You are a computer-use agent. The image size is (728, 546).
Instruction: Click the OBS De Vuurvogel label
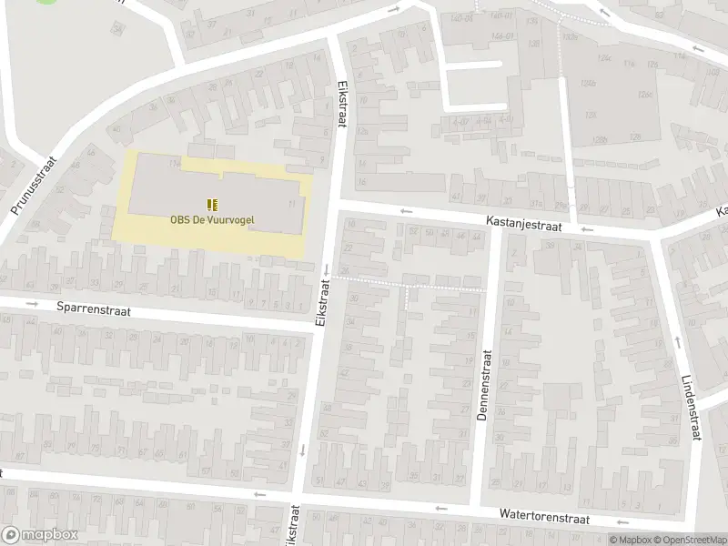coord(212,218)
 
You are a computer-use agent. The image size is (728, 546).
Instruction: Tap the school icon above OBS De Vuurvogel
coord(212,204)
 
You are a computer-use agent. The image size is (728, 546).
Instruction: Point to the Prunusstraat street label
coord(34,185)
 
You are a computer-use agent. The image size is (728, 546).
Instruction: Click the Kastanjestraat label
coord(524,222)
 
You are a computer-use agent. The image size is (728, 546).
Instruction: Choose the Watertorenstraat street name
coord(544,516)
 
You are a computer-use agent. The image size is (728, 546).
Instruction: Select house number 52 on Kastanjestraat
coord(415,230)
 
